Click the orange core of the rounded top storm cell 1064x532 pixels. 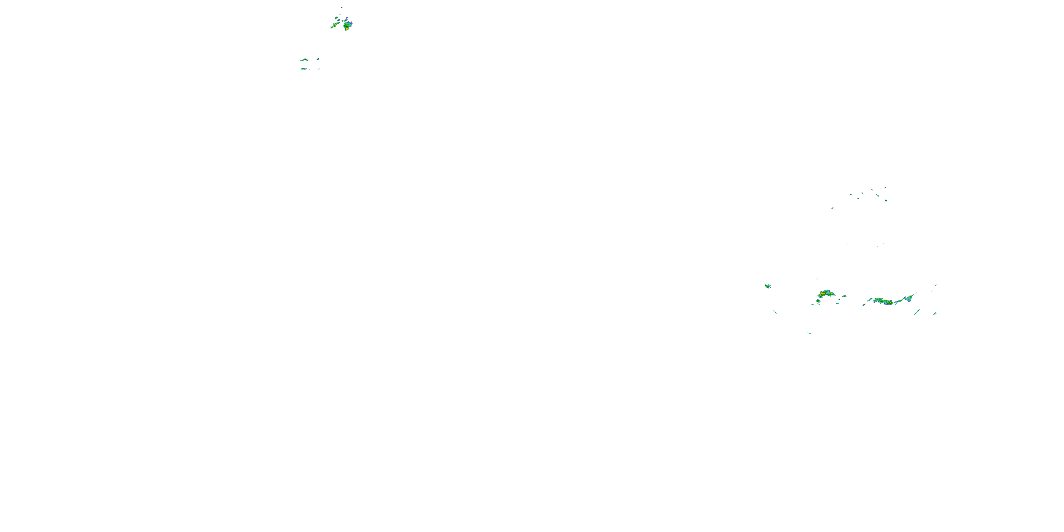pos(346,28)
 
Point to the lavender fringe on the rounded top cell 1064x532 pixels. pos(350,22)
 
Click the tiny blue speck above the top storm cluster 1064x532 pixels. pos(342,7)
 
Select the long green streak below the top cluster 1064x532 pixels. pos(304,60)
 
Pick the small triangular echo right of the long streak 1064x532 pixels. pos(318,59)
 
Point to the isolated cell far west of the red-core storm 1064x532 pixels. pos(767,286)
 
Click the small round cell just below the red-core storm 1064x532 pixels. pos(818,301)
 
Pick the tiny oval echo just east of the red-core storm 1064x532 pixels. pos(844,296)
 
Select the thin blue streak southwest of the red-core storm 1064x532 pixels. pos(775,311)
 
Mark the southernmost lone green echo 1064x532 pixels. pos(809,333)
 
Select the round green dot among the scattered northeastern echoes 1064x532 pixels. pos(886,200)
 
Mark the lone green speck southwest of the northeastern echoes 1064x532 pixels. pos(832,208)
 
